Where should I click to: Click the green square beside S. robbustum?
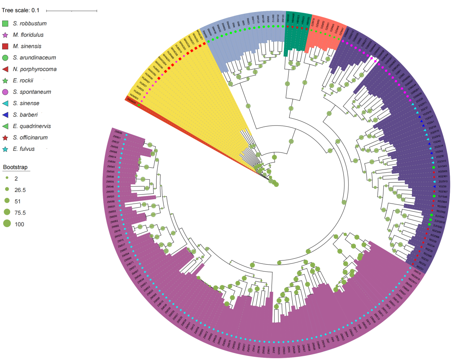5,24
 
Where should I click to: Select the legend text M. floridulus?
28,35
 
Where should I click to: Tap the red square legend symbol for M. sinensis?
5,46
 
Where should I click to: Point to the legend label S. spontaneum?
32,92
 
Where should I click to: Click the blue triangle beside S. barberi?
5,115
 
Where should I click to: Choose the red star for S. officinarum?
5,138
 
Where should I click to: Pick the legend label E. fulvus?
24,149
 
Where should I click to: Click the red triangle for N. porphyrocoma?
5,69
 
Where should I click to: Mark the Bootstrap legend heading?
15,167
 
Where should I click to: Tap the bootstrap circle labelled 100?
7,224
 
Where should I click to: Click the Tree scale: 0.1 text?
21,10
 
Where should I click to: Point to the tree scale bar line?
72,11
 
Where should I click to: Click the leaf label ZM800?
118,132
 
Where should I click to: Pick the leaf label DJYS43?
442,167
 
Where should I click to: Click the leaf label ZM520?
111,197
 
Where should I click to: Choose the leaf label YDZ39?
443,187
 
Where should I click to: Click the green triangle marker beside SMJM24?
139,105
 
